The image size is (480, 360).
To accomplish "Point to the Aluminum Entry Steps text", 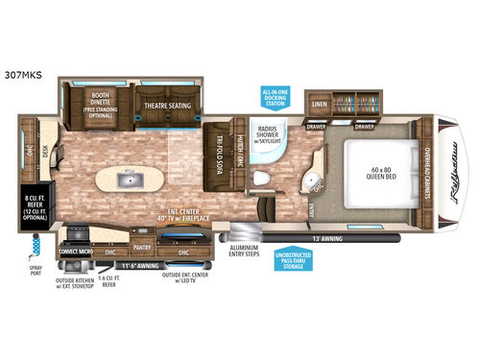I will click(x=248, y=248).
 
